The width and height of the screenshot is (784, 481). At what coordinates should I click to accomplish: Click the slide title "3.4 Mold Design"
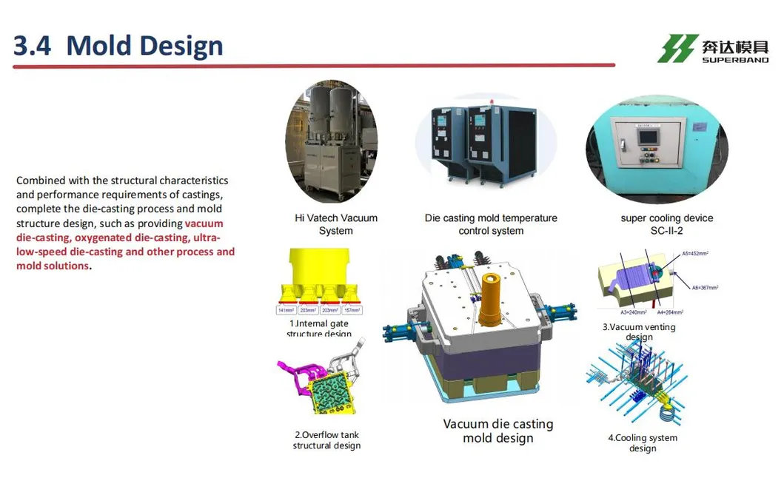point(118,46)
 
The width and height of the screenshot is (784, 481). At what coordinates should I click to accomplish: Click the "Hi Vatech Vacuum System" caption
point(336,224)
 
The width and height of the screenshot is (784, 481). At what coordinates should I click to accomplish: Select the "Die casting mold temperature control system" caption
point(491,224)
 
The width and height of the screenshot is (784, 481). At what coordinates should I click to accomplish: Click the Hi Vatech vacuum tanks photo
point(331,142)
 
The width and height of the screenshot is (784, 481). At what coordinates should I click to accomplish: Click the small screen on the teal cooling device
point(646,137)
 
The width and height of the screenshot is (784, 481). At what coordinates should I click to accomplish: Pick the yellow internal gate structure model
point(320,277)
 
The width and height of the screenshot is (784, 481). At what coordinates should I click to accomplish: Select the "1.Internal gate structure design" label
point(319,329)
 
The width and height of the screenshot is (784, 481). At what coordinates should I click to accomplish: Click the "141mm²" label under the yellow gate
point(286,311)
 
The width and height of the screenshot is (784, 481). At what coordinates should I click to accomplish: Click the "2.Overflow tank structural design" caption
point(326,440)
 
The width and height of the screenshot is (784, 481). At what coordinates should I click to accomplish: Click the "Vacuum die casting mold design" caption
point(498,431)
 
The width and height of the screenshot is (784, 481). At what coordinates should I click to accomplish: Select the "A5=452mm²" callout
point(695,253)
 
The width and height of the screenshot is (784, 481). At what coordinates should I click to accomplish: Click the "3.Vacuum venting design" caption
point(639,332)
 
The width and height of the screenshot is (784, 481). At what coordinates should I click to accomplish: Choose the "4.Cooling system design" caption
point(643,443)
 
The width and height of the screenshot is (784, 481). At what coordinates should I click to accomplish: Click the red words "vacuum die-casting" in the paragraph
point(118,230)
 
